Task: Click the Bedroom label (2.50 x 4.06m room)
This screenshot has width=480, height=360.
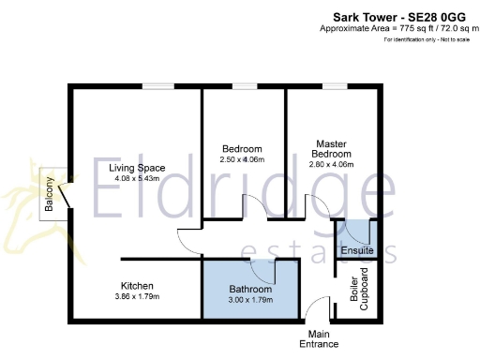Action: coord(242,149)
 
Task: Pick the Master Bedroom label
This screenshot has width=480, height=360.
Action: coord(333,149)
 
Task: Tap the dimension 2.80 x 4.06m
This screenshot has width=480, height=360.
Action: coord(333,165)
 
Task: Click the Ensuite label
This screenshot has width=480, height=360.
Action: coord(356,251)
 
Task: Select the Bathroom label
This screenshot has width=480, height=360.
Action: coord(250,289)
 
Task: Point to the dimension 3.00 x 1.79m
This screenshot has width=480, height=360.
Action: coord(250,300)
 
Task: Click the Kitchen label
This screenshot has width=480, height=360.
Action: coord(137,286)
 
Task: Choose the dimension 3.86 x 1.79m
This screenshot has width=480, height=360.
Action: coord(137,297)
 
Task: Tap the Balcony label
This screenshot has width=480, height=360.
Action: coord(49,195)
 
